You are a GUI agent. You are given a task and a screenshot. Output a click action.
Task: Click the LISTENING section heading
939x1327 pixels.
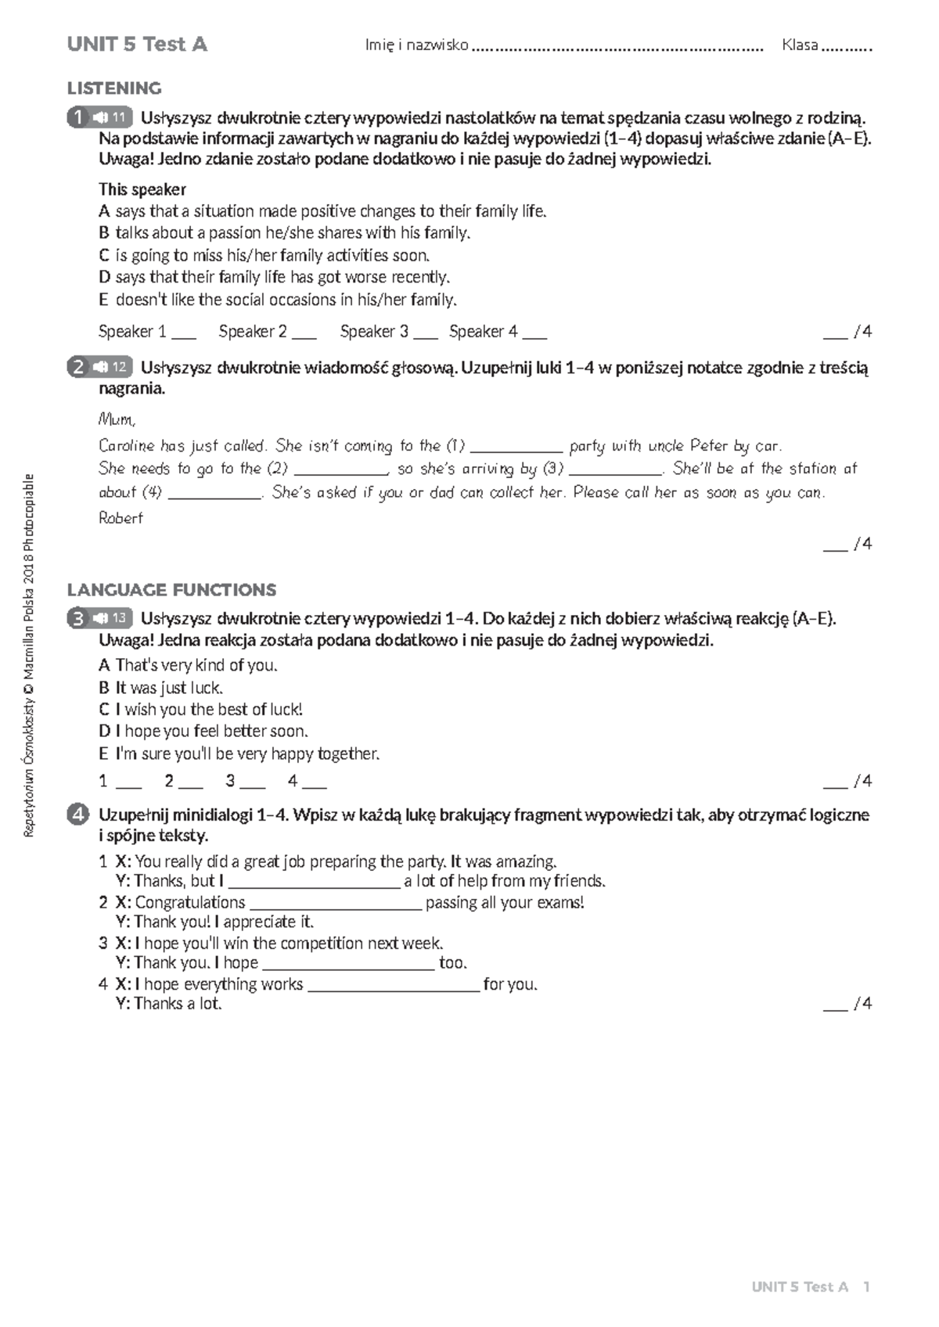click(114, 88)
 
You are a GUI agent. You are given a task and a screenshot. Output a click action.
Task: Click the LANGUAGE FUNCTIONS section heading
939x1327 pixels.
click(171, 590)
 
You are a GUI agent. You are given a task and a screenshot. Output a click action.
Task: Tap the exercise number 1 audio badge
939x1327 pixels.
click(100, 117)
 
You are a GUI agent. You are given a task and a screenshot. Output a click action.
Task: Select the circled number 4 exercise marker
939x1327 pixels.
click(77, 815)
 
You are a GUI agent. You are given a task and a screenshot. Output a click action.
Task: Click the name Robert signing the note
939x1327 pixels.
click(121, 518)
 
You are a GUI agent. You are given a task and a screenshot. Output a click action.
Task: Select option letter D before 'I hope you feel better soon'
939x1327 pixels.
click(104, 732)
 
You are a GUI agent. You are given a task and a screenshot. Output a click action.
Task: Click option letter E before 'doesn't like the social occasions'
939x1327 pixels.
click(103, 300)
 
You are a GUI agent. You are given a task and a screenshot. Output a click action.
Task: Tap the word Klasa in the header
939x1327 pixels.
click(800, 45)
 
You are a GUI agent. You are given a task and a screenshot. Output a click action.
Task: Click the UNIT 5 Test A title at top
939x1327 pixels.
click(137, 45)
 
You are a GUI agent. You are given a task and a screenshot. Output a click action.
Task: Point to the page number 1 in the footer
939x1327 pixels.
click(867, 1287)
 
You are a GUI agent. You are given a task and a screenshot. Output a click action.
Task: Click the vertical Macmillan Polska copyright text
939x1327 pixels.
click(29, 655)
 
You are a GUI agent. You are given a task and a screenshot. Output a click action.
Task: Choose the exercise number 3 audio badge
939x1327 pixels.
click(100, 618)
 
